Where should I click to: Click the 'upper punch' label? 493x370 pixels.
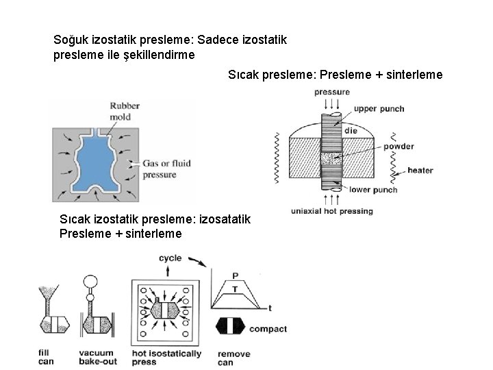point(379,108)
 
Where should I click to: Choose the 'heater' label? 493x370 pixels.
point(419,170)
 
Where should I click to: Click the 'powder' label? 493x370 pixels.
point(398,146)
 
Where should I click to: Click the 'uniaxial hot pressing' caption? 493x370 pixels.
point(332,211)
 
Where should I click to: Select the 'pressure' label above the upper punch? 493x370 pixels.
point(332,92)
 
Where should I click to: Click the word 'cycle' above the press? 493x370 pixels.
point(170,258)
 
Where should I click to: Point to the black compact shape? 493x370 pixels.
point(231,328)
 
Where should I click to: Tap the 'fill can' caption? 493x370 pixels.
point(46,357)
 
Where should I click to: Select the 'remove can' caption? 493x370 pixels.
point(233,358)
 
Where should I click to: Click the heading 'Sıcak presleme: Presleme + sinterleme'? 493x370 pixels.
point(335,73)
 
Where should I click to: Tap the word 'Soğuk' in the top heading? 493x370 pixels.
point(71,40)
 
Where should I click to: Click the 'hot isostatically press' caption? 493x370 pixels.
point(166,358)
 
